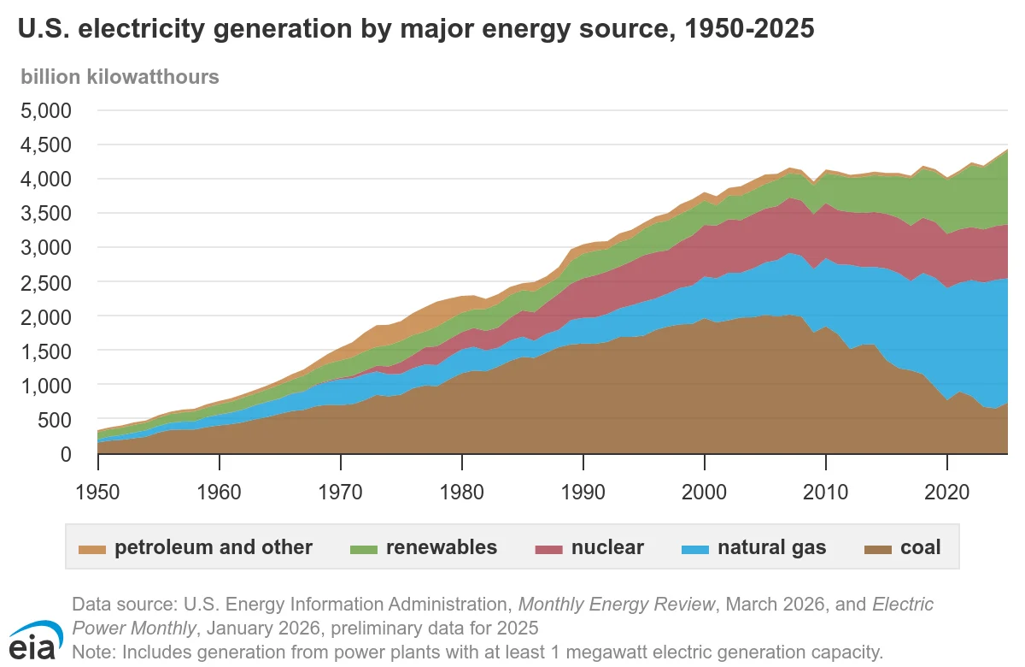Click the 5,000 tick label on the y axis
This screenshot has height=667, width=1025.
coord(46,111)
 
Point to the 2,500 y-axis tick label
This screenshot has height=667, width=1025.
coord(46,282)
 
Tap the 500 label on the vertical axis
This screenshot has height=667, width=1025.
coord(55,420)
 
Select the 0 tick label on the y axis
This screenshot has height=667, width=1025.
coord(67,454)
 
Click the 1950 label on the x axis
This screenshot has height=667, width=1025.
coord(97,493)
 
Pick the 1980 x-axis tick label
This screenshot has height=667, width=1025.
coord(462,493)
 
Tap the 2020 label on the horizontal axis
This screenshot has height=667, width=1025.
coord(946,493)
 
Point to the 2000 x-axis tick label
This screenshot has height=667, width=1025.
coord(704,493)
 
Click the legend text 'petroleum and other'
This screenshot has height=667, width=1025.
coord(214,547)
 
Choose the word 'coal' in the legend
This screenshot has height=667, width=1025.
coord(921,547)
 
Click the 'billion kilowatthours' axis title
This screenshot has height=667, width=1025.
coord(120,77)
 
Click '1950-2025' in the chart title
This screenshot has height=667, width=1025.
coord(750,28)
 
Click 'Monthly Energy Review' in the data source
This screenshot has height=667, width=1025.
coord(617,605)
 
